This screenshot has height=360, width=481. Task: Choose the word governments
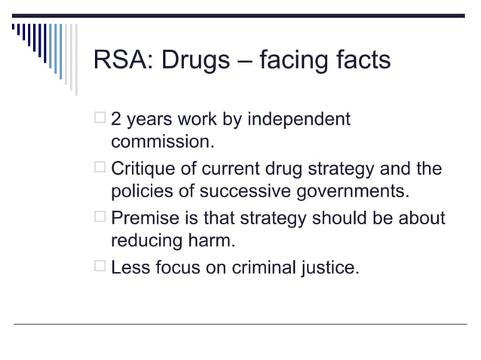pos(351,190)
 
